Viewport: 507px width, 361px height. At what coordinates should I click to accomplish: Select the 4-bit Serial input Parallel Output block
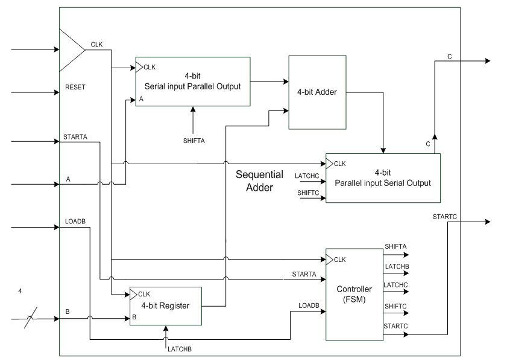coord(192,81)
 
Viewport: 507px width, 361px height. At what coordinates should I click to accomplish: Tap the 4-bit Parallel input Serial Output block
coord(383,178)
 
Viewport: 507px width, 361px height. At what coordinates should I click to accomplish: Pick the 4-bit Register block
coord(166,305)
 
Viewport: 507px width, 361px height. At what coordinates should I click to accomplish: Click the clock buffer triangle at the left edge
coord(71,49)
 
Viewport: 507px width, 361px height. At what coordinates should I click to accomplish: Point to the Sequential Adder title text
coord(259,180)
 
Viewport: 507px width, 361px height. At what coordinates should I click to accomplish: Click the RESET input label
coord(75,88)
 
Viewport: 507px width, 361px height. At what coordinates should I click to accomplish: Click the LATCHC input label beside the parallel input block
coord(306,176)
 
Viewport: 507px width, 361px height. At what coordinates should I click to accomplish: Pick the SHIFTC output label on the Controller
coord(395,307)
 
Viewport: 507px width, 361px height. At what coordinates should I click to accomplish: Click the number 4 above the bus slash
coord(20,292)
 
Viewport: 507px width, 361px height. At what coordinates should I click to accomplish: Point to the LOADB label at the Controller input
coord(309,305)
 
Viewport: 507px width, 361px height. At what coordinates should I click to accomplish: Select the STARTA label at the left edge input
coord(75,137)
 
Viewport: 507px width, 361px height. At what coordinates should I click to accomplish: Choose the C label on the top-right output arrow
coord(450,56)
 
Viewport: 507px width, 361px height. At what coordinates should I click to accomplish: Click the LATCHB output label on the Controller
coord(396,266)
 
